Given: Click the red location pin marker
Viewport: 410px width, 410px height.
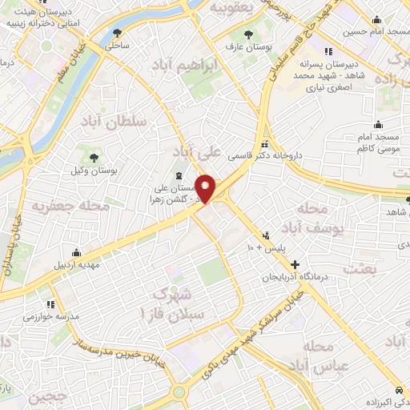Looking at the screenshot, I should click(206, 189).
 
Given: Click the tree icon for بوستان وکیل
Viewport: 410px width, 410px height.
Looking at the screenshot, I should click(94, 157).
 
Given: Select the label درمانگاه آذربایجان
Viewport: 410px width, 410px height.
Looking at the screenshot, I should click(299, 276).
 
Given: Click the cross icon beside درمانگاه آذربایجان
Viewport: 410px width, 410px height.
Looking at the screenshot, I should click(295, 263).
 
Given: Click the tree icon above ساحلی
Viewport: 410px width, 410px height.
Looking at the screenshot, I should click(118, 33).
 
